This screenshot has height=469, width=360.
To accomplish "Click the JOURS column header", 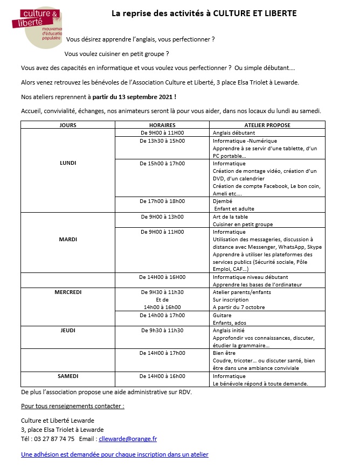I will (68, 125).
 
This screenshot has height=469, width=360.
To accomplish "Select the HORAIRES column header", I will (162, 125).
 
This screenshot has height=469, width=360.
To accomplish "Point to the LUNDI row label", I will (68, 163).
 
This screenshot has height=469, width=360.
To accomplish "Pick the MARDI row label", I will (68, 239).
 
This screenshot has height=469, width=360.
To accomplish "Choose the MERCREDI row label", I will (68, 292).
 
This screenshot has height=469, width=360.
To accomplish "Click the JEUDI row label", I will (68, 330).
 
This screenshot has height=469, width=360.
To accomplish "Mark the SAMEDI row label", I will (68, 376).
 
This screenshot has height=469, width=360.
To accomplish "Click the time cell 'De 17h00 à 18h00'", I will (162, 201).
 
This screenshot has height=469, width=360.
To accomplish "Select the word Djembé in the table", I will (223, 201).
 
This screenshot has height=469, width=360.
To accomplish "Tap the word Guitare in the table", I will (222, 315).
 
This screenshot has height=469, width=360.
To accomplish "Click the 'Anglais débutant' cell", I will (234, 132).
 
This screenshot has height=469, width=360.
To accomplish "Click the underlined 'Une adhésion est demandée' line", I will (114, 454).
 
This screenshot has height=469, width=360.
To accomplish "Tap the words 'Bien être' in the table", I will (224, 353).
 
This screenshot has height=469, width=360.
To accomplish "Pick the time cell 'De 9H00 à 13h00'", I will (162, 216).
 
